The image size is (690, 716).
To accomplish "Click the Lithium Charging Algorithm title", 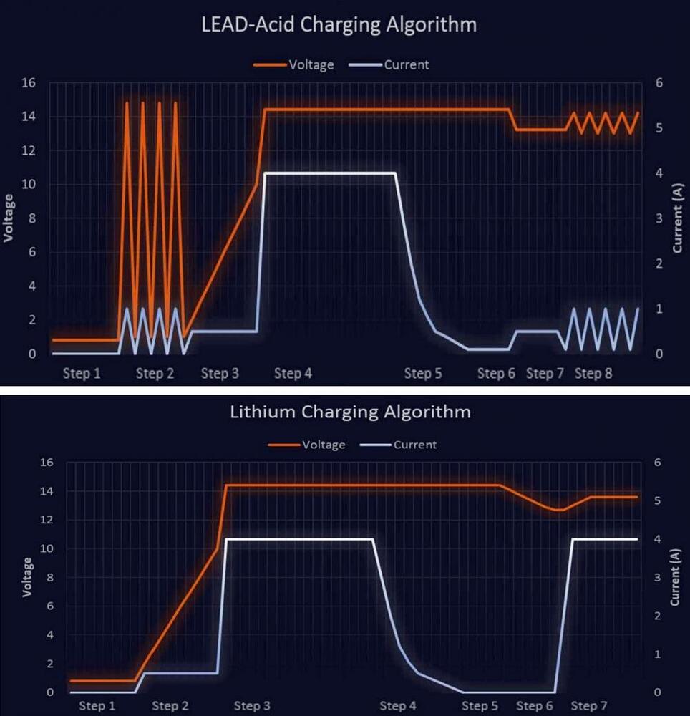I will [351, 412].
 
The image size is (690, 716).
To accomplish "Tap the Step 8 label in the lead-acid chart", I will [593, 373].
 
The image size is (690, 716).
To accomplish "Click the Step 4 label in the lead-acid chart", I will [293, 373].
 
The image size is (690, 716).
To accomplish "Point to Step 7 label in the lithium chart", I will [589, 706].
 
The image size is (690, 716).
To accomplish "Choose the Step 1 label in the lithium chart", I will [97, 706].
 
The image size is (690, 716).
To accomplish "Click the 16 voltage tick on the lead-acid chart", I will [29, 82].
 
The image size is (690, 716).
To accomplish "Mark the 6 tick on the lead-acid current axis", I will [659, 82].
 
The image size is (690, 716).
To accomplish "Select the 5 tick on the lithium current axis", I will [658, 500].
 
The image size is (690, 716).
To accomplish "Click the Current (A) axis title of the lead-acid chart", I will [676, 218].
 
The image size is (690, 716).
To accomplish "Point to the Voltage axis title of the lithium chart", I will [29, 577].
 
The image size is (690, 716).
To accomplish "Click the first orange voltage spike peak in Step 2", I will [127, 103].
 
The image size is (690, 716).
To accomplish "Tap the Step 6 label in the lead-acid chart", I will [496, 373].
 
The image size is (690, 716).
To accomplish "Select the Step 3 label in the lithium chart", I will [252, 706].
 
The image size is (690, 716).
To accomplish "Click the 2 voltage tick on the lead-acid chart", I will [30, 320].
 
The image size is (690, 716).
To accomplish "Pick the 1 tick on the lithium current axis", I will [658, 654].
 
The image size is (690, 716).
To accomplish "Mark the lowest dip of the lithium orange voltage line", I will [560, 510].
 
